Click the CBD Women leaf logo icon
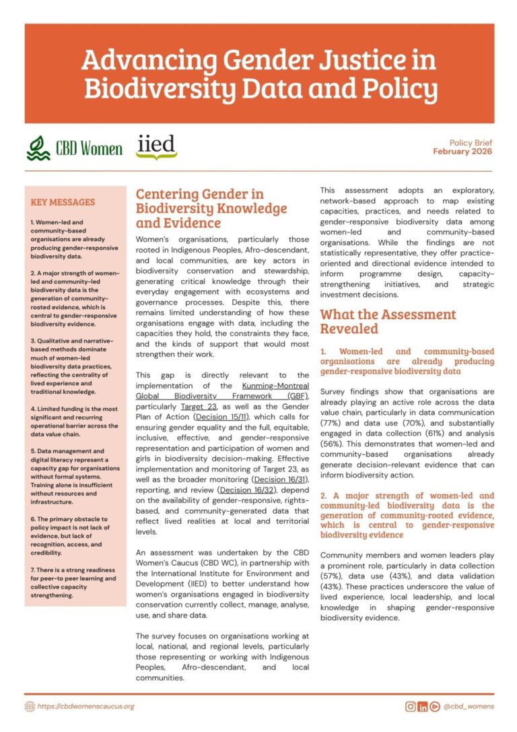pos(38,147)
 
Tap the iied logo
pos(156,147)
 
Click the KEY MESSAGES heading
pos(63,202)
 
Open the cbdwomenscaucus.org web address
pos(86,706)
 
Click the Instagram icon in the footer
pos(410,706)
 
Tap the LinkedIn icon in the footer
pos(423,706)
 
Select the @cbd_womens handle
pos(470,706)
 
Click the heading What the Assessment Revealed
pos(387,321)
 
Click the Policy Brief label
pos(471,143)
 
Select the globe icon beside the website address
pos(30,706)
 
